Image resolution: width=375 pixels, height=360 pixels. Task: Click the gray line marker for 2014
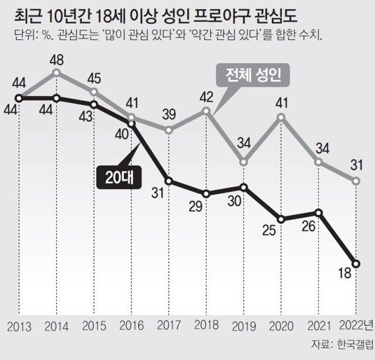click(56, 73)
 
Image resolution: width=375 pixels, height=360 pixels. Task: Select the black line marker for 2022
click(356, 263)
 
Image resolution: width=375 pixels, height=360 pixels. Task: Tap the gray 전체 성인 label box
click(253, 75)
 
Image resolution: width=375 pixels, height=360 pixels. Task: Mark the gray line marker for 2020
click(281, 117)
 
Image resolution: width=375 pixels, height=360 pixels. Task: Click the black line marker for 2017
click(169, 181)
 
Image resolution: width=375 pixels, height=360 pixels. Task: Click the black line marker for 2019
click(244, 187)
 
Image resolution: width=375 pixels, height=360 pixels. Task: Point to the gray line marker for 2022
click(356, 181)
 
